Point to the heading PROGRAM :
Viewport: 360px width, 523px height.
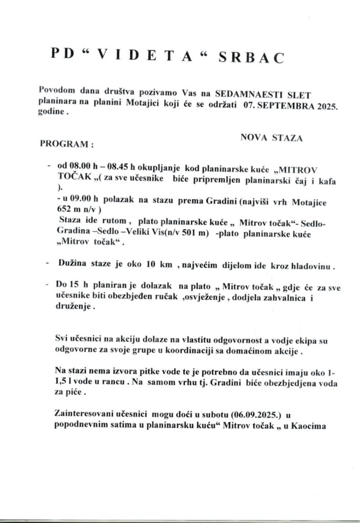(67, 144)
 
